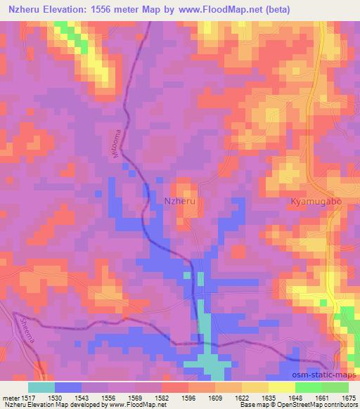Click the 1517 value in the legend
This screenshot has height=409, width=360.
point(28,398)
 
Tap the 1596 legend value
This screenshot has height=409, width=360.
point(188,398)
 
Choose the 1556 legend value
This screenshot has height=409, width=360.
point(108,398)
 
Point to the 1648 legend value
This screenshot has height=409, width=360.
point(295,398)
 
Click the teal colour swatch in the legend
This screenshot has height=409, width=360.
point(41,387)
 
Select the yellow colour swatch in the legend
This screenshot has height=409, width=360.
point(282,387)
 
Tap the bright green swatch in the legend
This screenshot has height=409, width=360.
point(309,387)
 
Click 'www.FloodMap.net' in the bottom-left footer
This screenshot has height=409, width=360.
point(139,405)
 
